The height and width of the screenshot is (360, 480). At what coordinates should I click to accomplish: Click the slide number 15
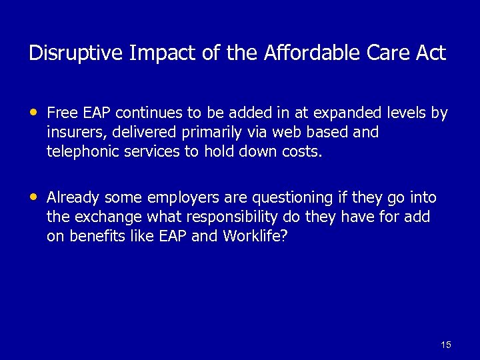[446, 345]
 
